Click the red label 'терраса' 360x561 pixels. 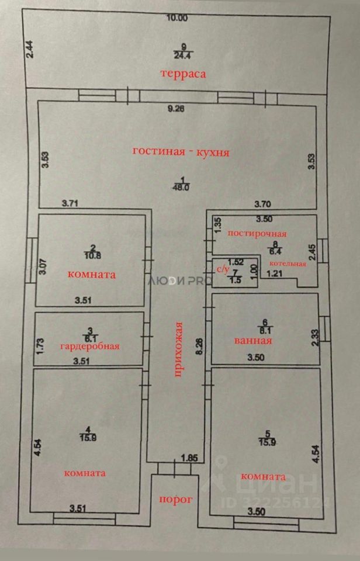pos(185,74)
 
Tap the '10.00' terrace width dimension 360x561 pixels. pos(176,18)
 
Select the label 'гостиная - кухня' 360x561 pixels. pos(181,152)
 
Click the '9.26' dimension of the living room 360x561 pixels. pos(176,108)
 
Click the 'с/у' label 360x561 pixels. pos(223,269)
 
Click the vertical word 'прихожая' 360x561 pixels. pos(179,350)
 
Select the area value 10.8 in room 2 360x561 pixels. pos(92,255)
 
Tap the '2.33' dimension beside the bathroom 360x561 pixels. pos(316,338)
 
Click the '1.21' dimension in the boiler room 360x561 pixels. pos(275,273)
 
